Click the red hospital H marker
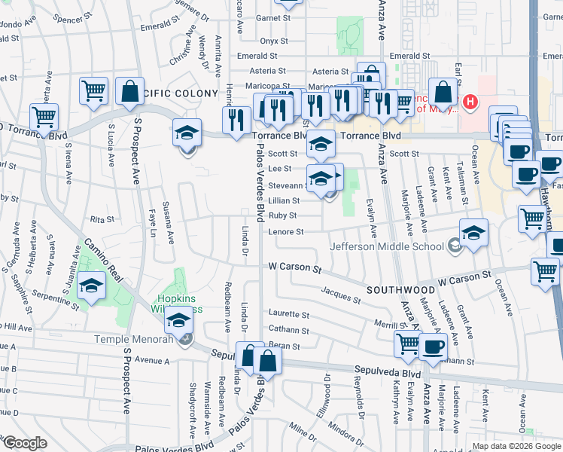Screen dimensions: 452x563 point(470,101)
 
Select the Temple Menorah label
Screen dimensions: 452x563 point(135,339)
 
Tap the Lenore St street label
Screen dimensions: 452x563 point(286,232)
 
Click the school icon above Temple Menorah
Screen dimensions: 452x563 point(179,322)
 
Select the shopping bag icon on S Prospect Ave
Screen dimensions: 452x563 point(129,91)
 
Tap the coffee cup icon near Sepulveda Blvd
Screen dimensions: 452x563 point(434,347)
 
